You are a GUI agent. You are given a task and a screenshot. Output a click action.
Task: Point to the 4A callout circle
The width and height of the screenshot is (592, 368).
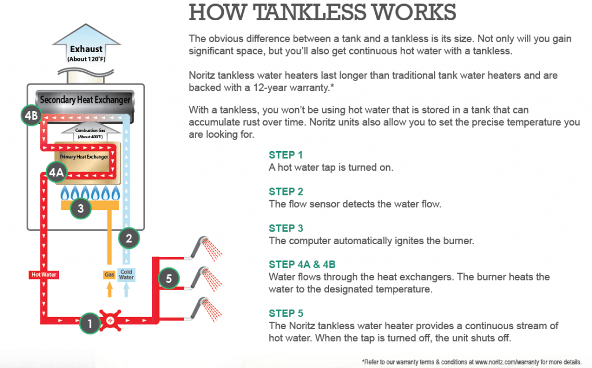point(56,172)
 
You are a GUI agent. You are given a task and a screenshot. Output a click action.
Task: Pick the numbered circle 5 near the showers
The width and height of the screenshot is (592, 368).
point(168,279)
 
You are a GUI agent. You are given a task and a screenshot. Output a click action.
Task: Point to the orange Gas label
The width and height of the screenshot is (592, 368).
point(109,274)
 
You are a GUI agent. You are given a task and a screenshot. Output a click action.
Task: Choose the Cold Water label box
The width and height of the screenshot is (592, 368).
point(126,274)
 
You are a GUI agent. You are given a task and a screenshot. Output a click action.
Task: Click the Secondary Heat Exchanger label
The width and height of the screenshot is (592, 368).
point(85,100)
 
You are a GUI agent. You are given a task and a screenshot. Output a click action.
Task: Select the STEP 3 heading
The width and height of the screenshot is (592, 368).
point(286,229)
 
